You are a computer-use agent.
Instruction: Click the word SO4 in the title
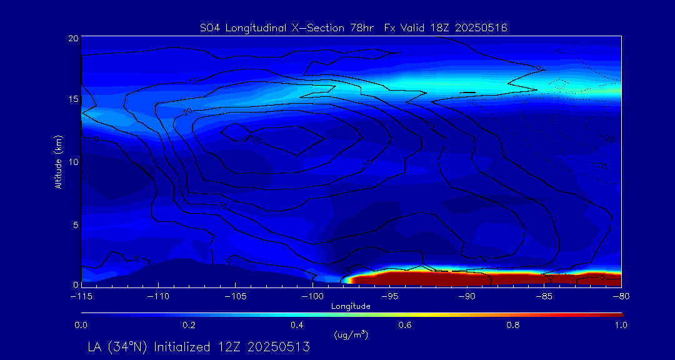pos(210,27)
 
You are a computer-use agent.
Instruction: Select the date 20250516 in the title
pos(481,27)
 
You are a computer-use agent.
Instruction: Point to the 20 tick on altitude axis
pos(72,38)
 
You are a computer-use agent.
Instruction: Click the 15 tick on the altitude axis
pos(72,99)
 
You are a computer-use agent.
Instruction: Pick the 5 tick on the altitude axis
pos(75,223)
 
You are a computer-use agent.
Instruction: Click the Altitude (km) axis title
pos(58,161)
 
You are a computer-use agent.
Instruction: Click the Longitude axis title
pos(351,306)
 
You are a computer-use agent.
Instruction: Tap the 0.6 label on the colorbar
pos(405,325)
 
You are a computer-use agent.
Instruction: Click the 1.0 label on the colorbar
pos(621,325)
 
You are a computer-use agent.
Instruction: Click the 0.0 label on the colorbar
pos(81,325)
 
